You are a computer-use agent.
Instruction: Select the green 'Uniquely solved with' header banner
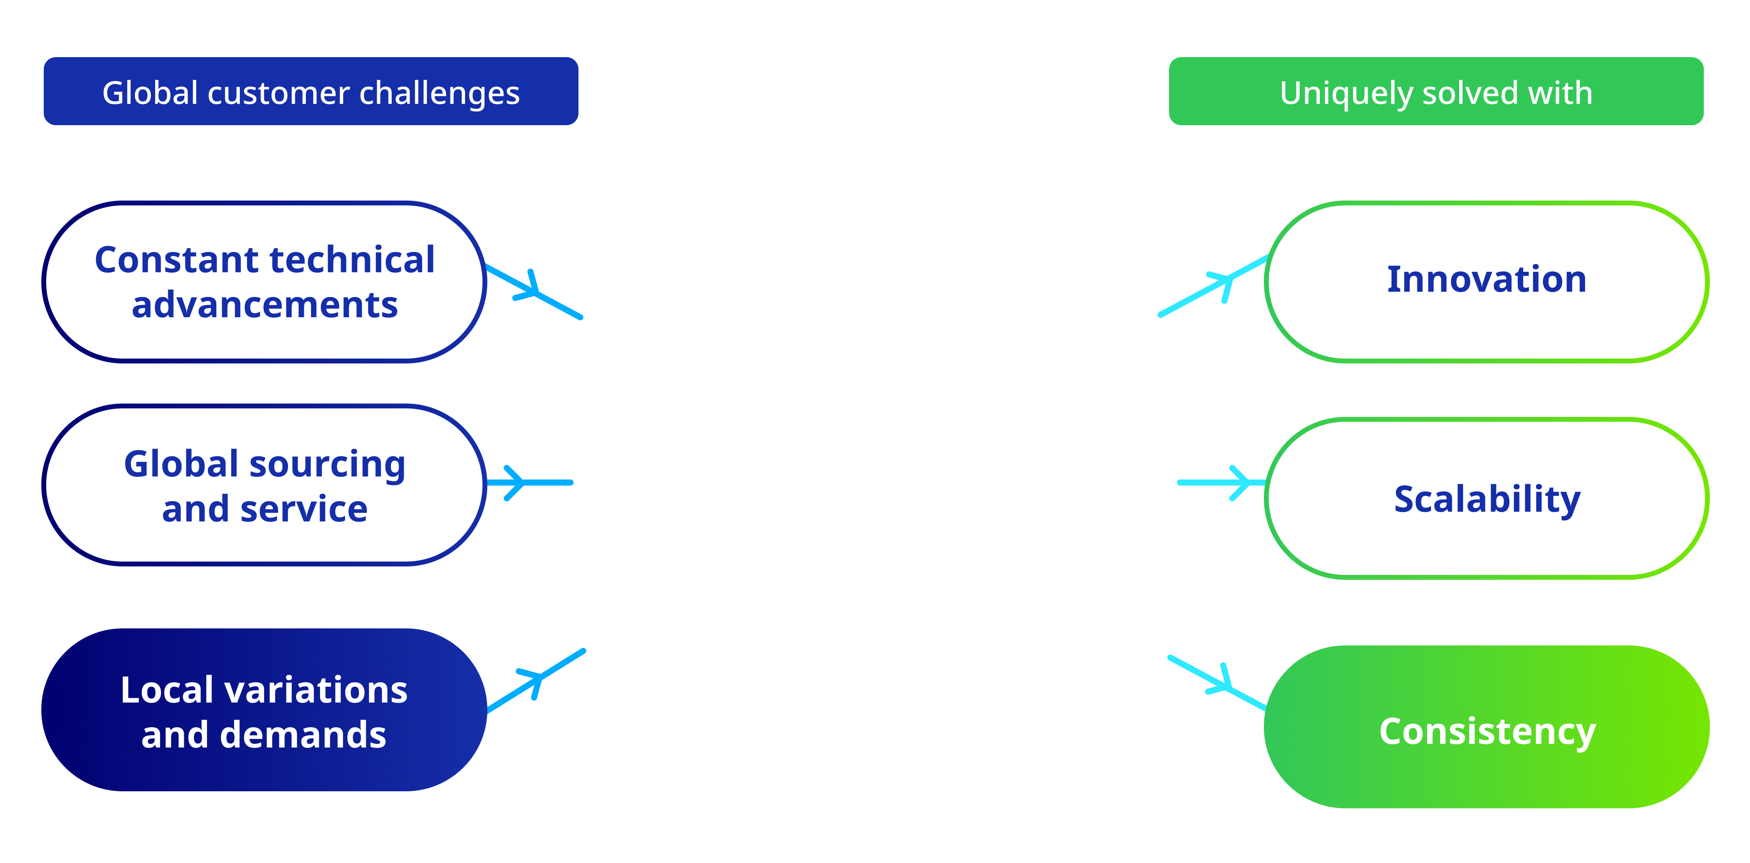pos(1436,91)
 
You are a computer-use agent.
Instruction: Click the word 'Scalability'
pos(1487,500)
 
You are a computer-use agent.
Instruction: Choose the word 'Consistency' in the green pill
pos(1487,733)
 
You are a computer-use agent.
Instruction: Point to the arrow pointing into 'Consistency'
pos(1217,683)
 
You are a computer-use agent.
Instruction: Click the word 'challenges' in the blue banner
pos(440,93)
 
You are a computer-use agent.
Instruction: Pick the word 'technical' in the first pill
pos(352,260)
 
